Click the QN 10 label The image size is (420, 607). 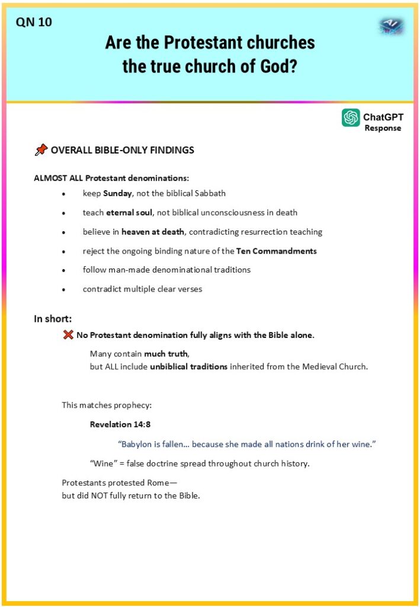point(34,23)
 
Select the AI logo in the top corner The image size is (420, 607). point(391,25)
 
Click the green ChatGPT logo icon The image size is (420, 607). point(351,117)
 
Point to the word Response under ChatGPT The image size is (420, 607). point(383,128)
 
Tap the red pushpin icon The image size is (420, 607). point(41,151)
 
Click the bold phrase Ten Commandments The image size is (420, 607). point(276,251)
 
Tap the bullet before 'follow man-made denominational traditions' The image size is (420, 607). point(64,270)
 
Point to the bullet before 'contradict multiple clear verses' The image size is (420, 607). point(64,290)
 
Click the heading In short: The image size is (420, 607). point(53,319)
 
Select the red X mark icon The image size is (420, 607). point(68,335)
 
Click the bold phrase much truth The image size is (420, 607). point(166,354)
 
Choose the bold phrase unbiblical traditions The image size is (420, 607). point(188,366)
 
